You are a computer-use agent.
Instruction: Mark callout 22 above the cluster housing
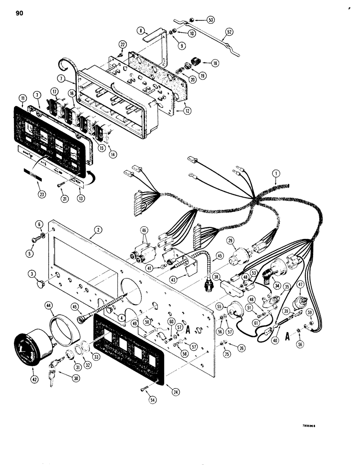pyautogui.click(x=122, y=44)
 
